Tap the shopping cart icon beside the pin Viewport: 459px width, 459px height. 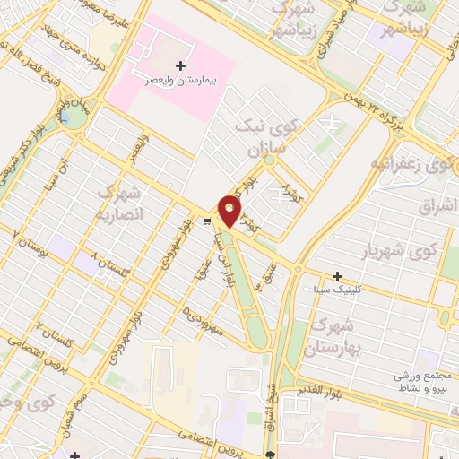point(207,221)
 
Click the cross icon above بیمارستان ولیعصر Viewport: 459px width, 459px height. point(183,65)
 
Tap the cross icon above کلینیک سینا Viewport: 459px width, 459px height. point(337,276)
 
